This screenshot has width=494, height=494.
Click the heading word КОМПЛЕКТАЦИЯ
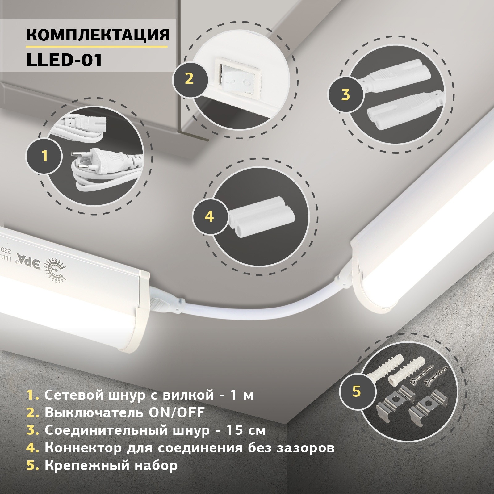[98, 35]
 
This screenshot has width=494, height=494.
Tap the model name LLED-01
[64, 60]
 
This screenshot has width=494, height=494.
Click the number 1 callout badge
[45, 156]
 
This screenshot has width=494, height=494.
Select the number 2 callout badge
[189, 78]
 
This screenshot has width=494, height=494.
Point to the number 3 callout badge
[345, 94]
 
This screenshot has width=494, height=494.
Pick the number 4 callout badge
[209, 216]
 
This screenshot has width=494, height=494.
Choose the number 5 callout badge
[356, 391]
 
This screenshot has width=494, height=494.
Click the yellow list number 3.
[32, 431]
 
